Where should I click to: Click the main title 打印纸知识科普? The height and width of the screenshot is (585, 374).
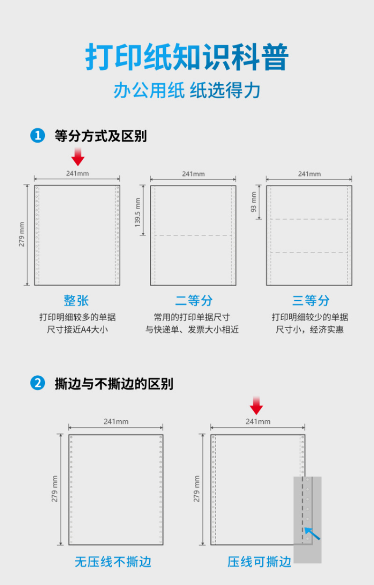pos(187,57)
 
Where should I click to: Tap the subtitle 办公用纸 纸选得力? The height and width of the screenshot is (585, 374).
pos(187,90)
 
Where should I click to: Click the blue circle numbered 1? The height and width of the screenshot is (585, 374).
pos(37,136)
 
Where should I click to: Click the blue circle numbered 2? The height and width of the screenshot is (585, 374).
pos(37,383)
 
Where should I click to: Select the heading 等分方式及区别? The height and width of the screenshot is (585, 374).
pos(101,136)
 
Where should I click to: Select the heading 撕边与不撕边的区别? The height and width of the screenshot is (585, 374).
pos(114,384)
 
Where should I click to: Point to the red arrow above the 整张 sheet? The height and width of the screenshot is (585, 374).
pos(78,156)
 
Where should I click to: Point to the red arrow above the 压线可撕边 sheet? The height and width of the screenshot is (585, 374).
pos(256,405)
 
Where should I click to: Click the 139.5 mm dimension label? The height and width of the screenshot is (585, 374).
pos(137,212)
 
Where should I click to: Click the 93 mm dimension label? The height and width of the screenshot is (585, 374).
pos(253,202)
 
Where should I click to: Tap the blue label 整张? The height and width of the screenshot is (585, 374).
pos(76,300)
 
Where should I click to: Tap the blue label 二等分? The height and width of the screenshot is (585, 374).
pos(194,300)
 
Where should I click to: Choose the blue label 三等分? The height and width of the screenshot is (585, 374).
pos(310,300)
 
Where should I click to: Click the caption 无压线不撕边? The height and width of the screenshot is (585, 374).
pos(113,562)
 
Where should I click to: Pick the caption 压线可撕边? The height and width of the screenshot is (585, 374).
pos(259,562)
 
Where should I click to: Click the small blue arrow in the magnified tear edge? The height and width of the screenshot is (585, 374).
pos(312,533)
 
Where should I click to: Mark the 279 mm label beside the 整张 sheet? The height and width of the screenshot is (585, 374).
pos(22,234)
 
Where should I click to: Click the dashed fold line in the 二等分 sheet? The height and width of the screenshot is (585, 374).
pos(193,235)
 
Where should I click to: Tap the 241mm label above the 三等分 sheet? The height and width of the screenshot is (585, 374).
pos(309,174)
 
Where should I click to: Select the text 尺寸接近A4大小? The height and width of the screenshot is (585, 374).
pos(78,329)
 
